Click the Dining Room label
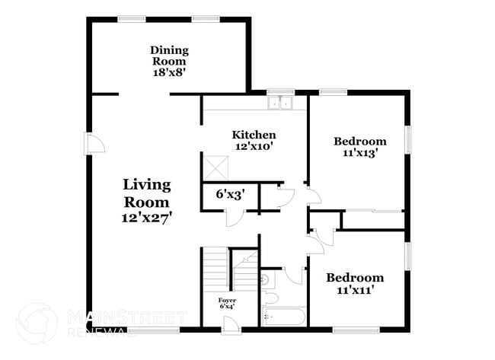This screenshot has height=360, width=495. point(169,56)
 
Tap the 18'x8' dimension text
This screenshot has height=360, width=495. point(169,73)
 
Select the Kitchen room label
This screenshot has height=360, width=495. point(254,135)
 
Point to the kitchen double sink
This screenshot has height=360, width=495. point(280,104)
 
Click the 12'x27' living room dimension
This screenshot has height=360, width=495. point(147,217)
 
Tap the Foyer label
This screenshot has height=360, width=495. point(227,300)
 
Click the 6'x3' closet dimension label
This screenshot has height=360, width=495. point(228,194)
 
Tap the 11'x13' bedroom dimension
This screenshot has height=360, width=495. point(360,152)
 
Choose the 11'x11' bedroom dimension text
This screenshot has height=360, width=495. point(355,290)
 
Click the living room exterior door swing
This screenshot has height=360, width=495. point(94,143)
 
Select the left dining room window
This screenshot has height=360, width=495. point(131,19)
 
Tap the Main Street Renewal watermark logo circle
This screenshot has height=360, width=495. point(36,323)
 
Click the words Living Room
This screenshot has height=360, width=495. point(147,193)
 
